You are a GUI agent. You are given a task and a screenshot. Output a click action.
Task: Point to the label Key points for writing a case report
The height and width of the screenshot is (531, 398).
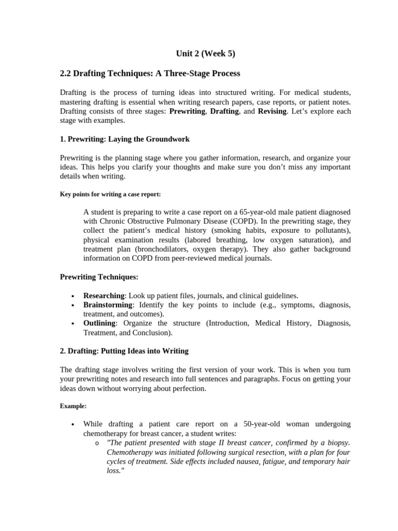[x=110, y=194]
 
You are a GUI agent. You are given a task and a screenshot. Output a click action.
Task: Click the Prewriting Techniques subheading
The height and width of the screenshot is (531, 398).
[x=99, y=277]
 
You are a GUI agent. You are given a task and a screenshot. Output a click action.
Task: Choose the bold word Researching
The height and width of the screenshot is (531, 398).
[x=104, y=296]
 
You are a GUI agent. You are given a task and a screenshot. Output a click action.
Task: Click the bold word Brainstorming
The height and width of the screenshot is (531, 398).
[x=108, y=305]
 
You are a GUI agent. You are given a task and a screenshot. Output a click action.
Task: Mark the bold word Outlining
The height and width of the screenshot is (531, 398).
[x=99, y=323]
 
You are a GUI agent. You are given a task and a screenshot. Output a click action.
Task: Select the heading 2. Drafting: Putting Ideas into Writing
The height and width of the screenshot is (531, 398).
[x=124, y=351]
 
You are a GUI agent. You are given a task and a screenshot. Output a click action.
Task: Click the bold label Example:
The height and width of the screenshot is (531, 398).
[x=73, y=406]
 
